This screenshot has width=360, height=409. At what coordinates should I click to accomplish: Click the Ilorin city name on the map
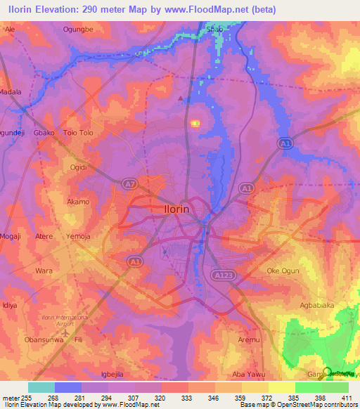[x=172, y=209]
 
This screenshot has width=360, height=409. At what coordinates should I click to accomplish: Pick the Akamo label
[x=77, y=202]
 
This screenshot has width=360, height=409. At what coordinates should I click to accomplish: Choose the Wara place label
[x=44, y=270]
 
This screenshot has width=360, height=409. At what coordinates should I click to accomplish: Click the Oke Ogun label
[x=283, y=271]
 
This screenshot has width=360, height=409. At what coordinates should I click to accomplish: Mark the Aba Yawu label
[x=250, y=375]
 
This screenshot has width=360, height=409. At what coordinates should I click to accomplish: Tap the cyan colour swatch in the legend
[x=41, y=387]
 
